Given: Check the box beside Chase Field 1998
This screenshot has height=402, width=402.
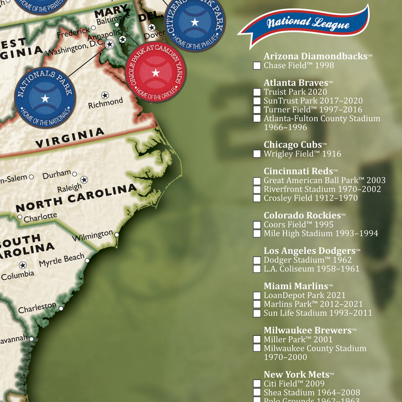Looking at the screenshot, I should click(257, 66).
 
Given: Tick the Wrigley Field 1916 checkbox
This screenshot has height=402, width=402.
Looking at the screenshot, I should click(257, 154).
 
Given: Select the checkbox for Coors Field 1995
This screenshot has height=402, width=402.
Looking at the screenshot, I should click(257, 225).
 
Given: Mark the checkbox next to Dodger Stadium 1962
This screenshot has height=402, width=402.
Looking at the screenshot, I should click(257, 260).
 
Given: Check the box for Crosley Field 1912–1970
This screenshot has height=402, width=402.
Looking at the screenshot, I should click(257, 198).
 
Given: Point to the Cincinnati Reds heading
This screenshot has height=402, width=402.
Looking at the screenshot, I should click(298, 171).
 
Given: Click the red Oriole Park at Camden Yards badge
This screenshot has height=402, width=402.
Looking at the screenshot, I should click(156, 73).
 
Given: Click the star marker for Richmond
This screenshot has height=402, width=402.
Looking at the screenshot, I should click(105, 95).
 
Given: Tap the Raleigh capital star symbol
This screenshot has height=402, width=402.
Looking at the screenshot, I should click(84, 179).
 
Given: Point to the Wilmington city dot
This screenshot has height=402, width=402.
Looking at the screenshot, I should click(117, 235).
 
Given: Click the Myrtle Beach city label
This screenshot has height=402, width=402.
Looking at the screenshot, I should click(62, 260).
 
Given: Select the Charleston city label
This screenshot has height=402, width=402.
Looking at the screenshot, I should click(37, 308).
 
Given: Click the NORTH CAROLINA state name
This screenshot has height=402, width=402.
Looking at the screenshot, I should click(76, 198).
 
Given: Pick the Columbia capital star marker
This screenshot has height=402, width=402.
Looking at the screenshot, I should click(23, 265).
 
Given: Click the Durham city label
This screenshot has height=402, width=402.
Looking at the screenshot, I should click(57, 174).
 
